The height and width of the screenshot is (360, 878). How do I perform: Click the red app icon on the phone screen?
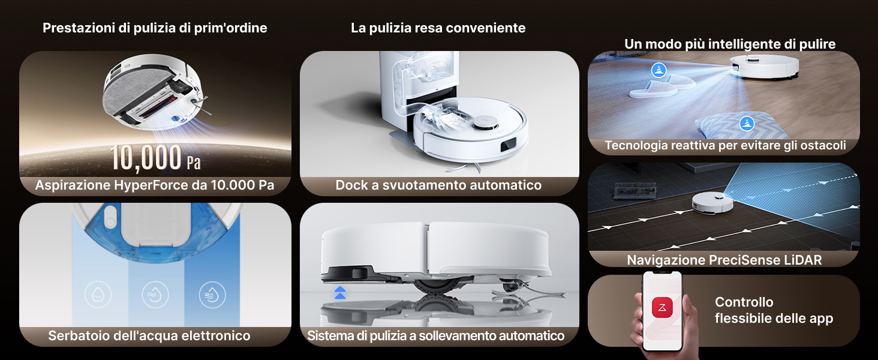pyautogui.click(x=662, y=307)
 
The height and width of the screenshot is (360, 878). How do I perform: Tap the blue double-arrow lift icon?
pyautogui.click(x=340, y=293)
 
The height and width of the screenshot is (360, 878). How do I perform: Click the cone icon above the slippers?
pyautogui.click(x=659, y=70)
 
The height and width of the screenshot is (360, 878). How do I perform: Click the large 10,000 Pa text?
pyautogui.click(x=155, y=158)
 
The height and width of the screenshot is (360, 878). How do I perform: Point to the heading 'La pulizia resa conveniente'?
pyautogui.click(x=438, y=28)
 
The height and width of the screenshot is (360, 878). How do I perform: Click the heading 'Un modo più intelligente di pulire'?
pyautogui.click(x=730, y=44)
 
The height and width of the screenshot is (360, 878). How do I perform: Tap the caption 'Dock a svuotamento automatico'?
pyautogui.click(x=438, y=185)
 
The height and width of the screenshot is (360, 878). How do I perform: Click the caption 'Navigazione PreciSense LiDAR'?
pyautogui.click(x=724, y=260)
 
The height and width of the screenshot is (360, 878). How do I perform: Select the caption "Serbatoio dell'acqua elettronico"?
pyautogui.click(x=149, y=335)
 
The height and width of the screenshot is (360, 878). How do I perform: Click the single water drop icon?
pyautogui.click(x=98, y=295)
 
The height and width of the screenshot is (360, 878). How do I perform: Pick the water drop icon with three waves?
pyautogui.click(x=212, y=295)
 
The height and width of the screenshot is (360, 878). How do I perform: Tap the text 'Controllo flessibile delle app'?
pyautogui.click(x=774, y=310)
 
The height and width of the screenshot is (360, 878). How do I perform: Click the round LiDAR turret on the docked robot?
pyautogui.click(x=485, y=124)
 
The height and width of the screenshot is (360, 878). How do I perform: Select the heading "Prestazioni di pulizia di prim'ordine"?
pyautogui.click(x=155, y=28)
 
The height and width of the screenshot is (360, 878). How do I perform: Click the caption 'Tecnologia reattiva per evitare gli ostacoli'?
pyautogui.click(x=726, y=145)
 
